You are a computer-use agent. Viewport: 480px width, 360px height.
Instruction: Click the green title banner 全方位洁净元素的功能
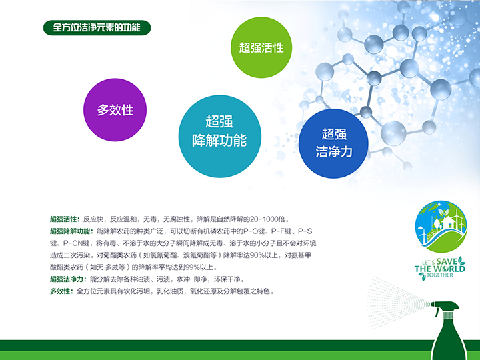[x=97, y=28]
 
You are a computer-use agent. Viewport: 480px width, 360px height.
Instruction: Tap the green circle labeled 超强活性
[x=261, y=47]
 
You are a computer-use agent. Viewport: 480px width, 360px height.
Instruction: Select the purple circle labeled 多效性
[x=115, y=110]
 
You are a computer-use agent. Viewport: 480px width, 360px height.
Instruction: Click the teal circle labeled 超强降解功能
[x=220, y=136]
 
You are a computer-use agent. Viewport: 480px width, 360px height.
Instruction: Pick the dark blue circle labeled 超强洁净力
[x=334, y=143]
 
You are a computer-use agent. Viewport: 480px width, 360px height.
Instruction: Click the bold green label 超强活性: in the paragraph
[x=65, y=219]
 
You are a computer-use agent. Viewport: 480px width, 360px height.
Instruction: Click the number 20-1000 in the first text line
[x=264, y=219]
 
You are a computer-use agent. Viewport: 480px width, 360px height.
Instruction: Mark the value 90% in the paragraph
[x=258, y=255]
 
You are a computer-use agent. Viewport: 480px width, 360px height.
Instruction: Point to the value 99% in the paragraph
[x=192, y=267]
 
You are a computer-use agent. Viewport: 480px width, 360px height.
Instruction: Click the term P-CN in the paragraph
[x=72, y=243]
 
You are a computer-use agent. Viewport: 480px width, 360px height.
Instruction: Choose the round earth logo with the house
[x=441, y=227]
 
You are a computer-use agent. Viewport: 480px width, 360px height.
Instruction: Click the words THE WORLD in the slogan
[x=440, y=269]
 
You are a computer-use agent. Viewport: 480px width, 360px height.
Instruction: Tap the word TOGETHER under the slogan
[x=440, y=275]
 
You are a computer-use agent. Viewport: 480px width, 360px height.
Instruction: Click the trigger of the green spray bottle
[x=437, y=311]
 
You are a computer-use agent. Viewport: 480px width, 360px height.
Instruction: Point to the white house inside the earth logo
[x=447, y=222]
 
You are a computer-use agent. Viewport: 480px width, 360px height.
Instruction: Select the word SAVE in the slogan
[x=447, y=262]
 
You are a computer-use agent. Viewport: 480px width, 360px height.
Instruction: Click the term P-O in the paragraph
[x=251, y=231]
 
